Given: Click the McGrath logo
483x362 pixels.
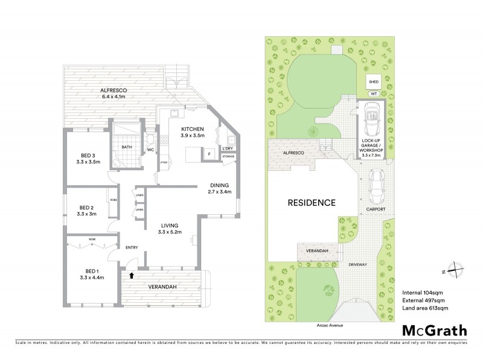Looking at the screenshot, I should point(435,330).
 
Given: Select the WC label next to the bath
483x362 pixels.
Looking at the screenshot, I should point(150,150).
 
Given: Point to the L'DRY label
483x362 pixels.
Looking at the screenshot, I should point(228,148).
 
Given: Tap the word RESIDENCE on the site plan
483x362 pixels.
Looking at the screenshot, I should point(311,203).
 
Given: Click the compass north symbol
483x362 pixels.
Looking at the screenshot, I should point(457,272).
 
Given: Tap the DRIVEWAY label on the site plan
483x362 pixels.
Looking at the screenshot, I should point(360,265).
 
